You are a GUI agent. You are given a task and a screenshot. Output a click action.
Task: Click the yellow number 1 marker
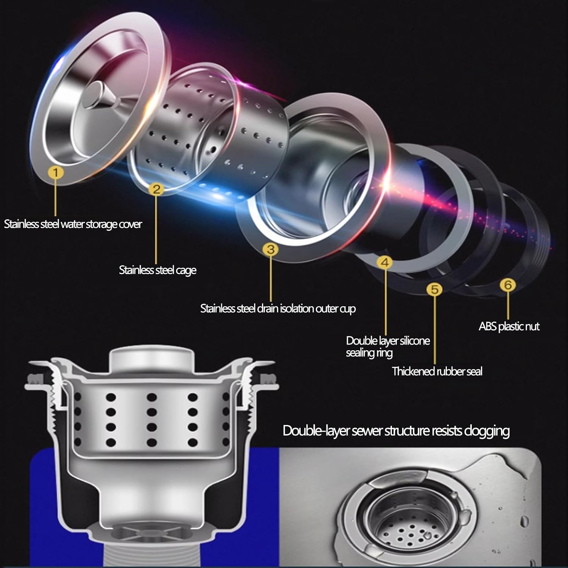click(x=56, y=173)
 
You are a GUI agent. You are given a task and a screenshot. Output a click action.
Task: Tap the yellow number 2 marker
click(x=157, y=189)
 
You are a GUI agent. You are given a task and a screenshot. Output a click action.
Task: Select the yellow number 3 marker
click(x=271, y=249)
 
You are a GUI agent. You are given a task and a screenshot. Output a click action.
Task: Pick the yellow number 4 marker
click(x=385, y=262)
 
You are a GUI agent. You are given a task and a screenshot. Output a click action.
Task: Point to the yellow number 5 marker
click(x=434, y=289)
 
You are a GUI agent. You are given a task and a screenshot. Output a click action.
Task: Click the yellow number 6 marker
click(x=508, y=285)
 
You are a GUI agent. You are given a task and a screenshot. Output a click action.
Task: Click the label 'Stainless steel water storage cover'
click(x=73, y=224)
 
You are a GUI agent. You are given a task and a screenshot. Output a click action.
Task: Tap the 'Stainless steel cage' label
click(x=158, y=270)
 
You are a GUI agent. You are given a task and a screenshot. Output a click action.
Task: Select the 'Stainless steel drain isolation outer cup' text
click(x=278, y=309)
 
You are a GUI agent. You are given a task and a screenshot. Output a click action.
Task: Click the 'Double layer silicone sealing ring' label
click(x=388, y=346)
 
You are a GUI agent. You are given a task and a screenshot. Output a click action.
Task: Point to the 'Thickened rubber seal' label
click(x=437, y=371)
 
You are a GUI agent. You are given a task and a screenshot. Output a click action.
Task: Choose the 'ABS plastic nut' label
click(x=509, y=326)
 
